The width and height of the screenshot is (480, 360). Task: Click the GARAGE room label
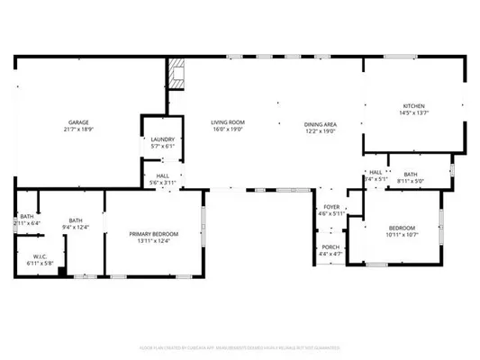tap(77, 122)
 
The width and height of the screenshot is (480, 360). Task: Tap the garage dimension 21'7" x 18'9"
tap(77, 130)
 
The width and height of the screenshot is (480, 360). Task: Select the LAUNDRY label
tap(162, 139)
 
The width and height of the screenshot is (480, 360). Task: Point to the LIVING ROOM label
tap(229, 122)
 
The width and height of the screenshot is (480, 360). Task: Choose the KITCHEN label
tap(413, 105)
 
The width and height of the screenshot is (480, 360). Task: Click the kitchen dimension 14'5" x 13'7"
tap(413, 113)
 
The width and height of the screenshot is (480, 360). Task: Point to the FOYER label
tap(331, 206)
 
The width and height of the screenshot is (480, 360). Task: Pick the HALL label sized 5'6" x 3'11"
tap(162, 176)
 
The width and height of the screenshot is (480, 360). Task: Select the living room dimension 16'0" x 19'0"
tap(229, 130)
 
